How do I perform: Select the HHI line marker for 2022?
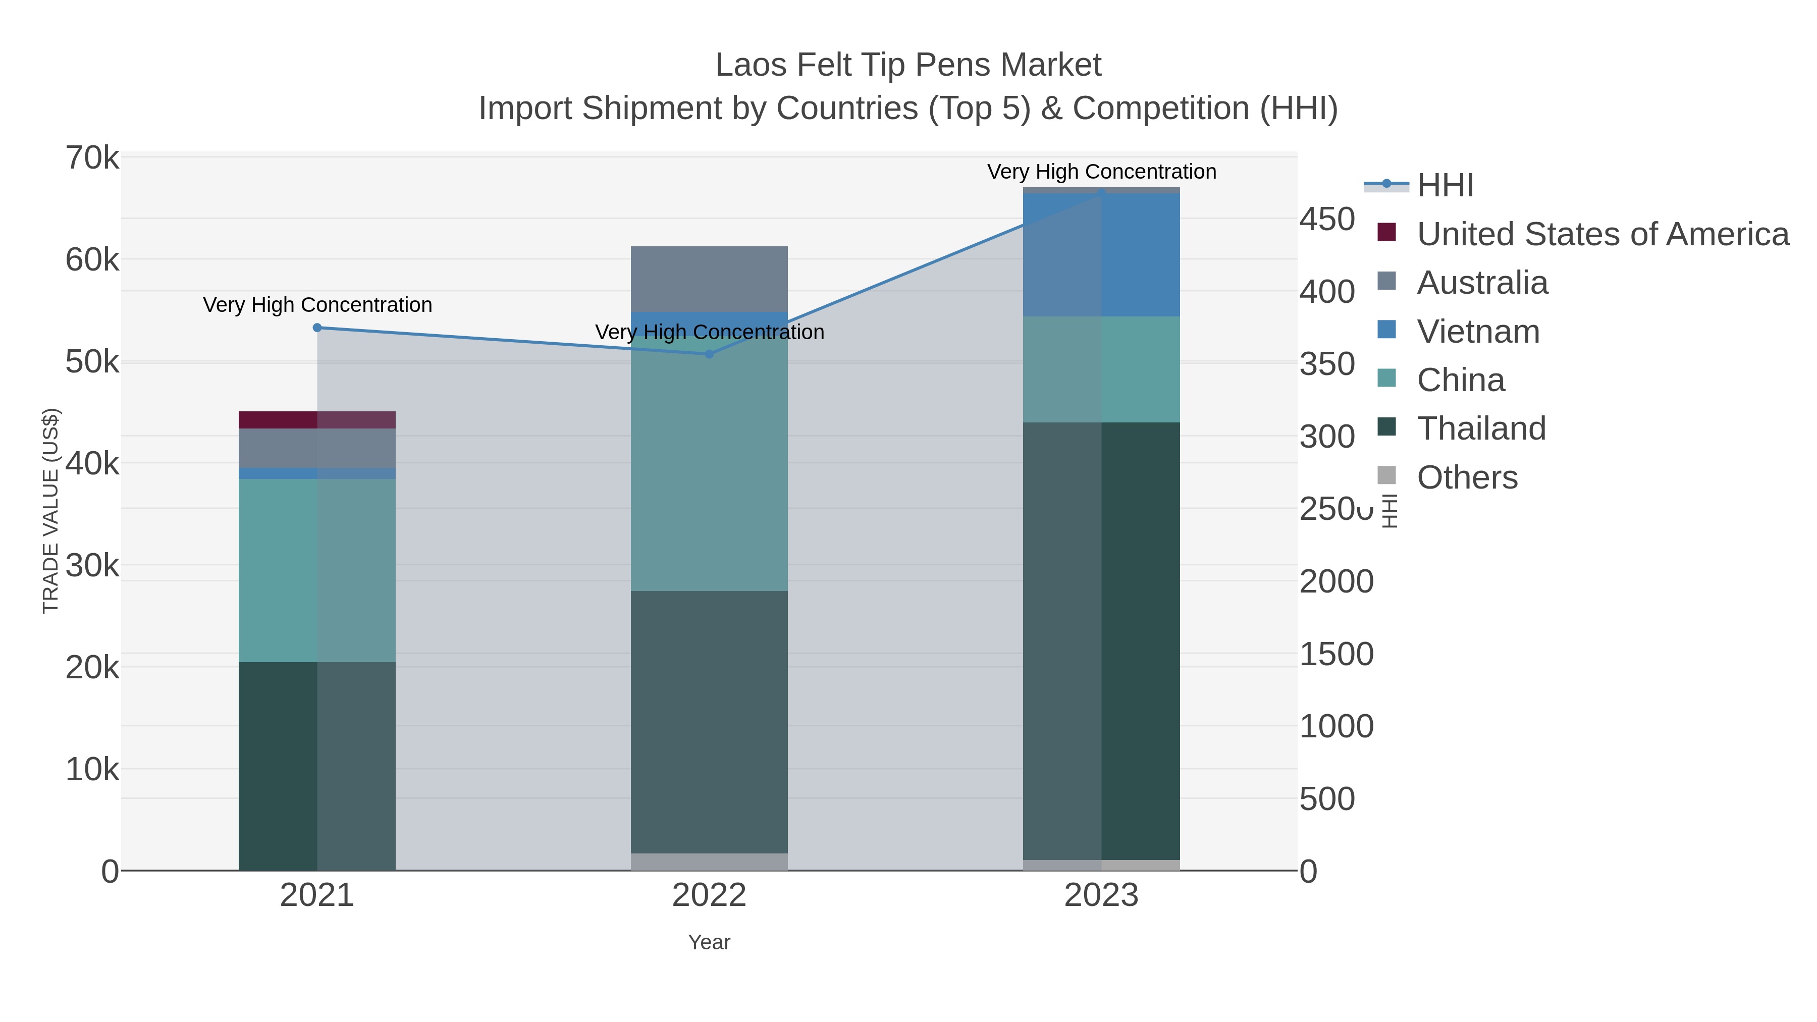pos(710,354)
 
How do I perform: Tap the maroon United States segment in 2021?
pos(317,420)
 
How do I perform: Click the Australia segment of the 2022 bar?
pos(710,279)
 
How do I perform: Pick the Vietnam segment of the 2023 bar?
pos(1102,255)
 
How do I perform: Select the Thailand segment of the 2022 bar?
pos(710,722)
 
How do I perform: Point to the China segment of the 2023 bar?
pos(1102,369)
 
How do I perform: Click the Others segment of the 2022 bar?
pos(710,862)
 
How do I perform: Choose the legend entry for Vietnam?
pos(1478,332)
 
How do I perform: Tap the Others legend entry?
pos(1467,477)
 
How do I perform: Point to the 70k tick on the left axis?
pos(92,158)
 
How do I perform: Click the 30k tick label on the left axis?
pos(92,566)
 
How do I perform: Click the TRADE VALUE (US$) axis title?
pos(51,511)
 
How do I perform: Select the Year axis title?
pos(710,942)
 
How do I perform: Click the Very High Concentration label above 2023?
pos(1102,172)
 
